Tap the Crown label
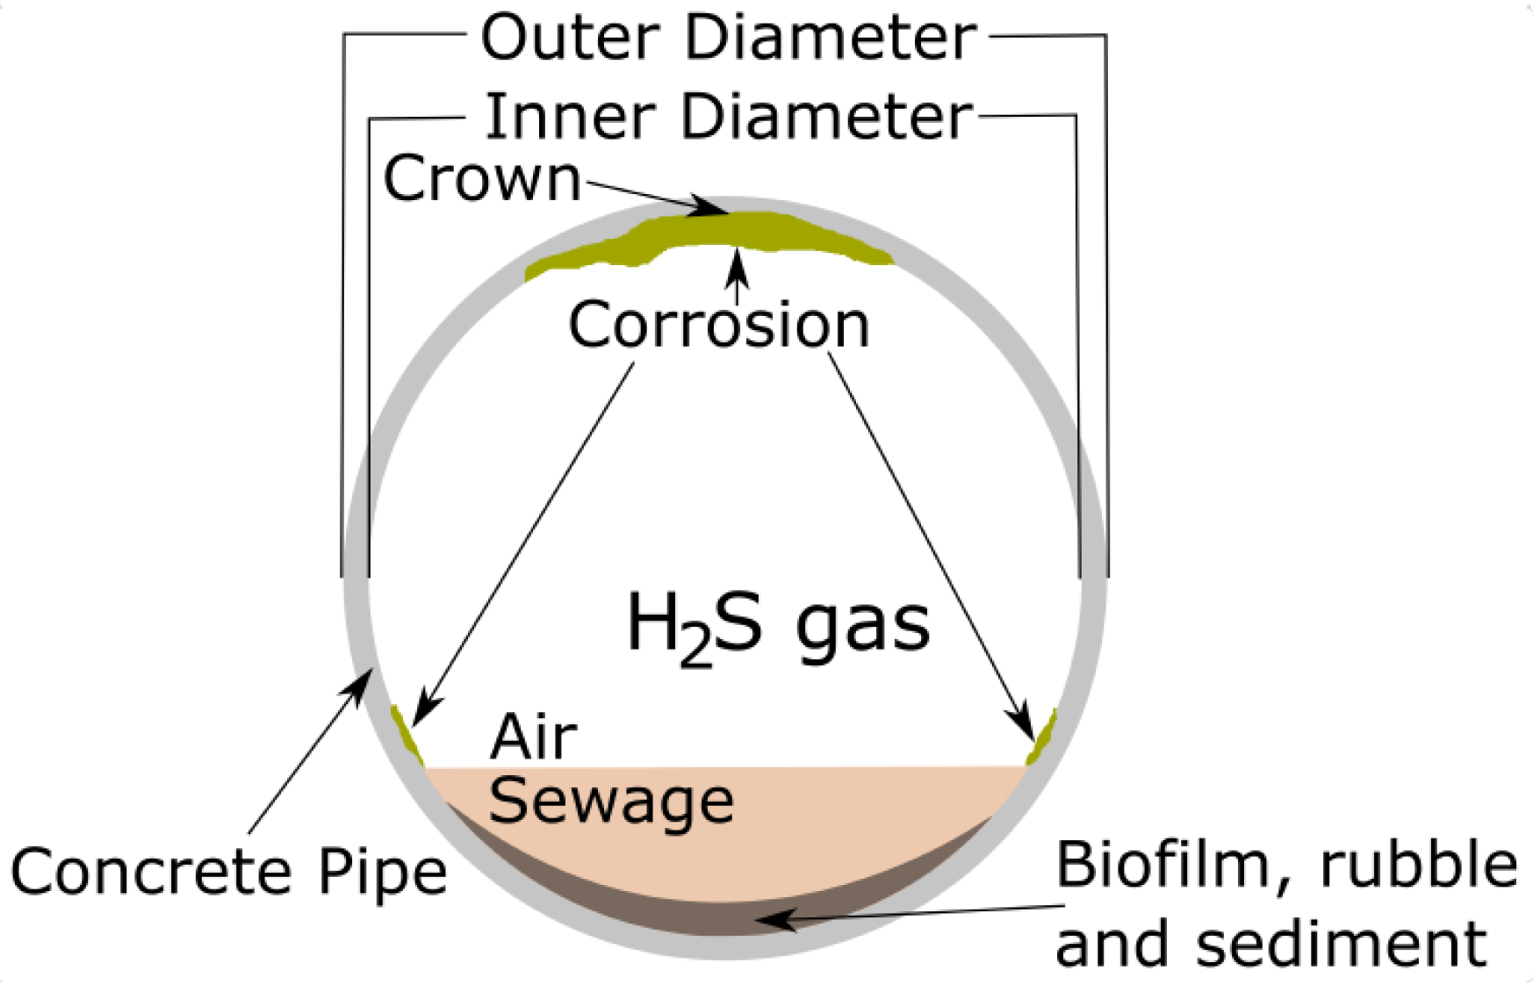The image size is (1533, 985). (482, 178)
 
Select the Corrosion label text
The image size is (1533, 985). (718, 324)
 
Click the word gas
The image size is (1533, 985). (862, 625)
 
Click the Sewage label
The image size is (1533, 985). (611, 801)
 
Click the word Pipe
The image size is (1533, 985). (382, 874)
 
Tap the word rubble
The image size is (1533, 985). (1419, 866)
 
